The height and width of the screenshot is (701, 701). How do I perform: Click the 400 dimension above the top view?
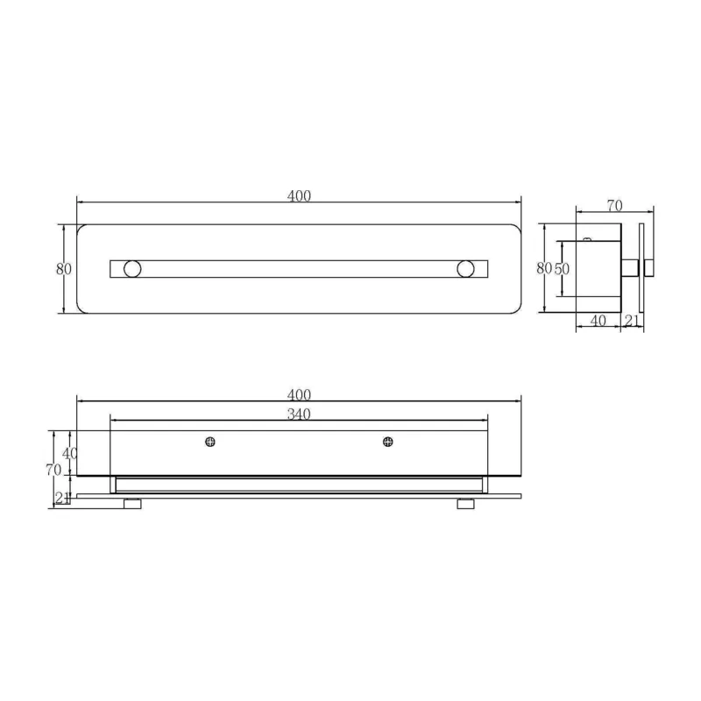point(299,195)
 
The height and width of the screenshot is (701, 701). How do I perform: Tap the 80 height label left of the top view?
point(63,269)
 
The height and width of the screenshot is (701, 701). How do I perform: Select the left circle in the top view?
point(132,269)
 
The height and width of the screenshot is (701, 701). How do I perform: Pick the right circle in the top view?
point(465,269)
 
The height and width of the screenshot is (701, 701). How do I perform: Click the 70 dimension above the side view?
point(615,205)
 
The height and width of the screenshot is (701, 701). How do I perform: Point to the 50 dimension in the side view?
point(562,269)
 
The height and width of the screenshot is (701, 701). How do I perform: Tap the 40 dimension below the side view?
point(598,321)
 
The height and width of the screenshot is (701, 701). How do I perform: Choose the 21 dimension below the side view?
point(632,321)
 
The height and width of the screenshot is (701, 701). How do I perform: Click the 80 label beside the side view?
point(544,268)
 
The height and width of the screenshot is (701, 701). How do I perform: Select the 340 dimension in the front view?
point(299,414)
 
